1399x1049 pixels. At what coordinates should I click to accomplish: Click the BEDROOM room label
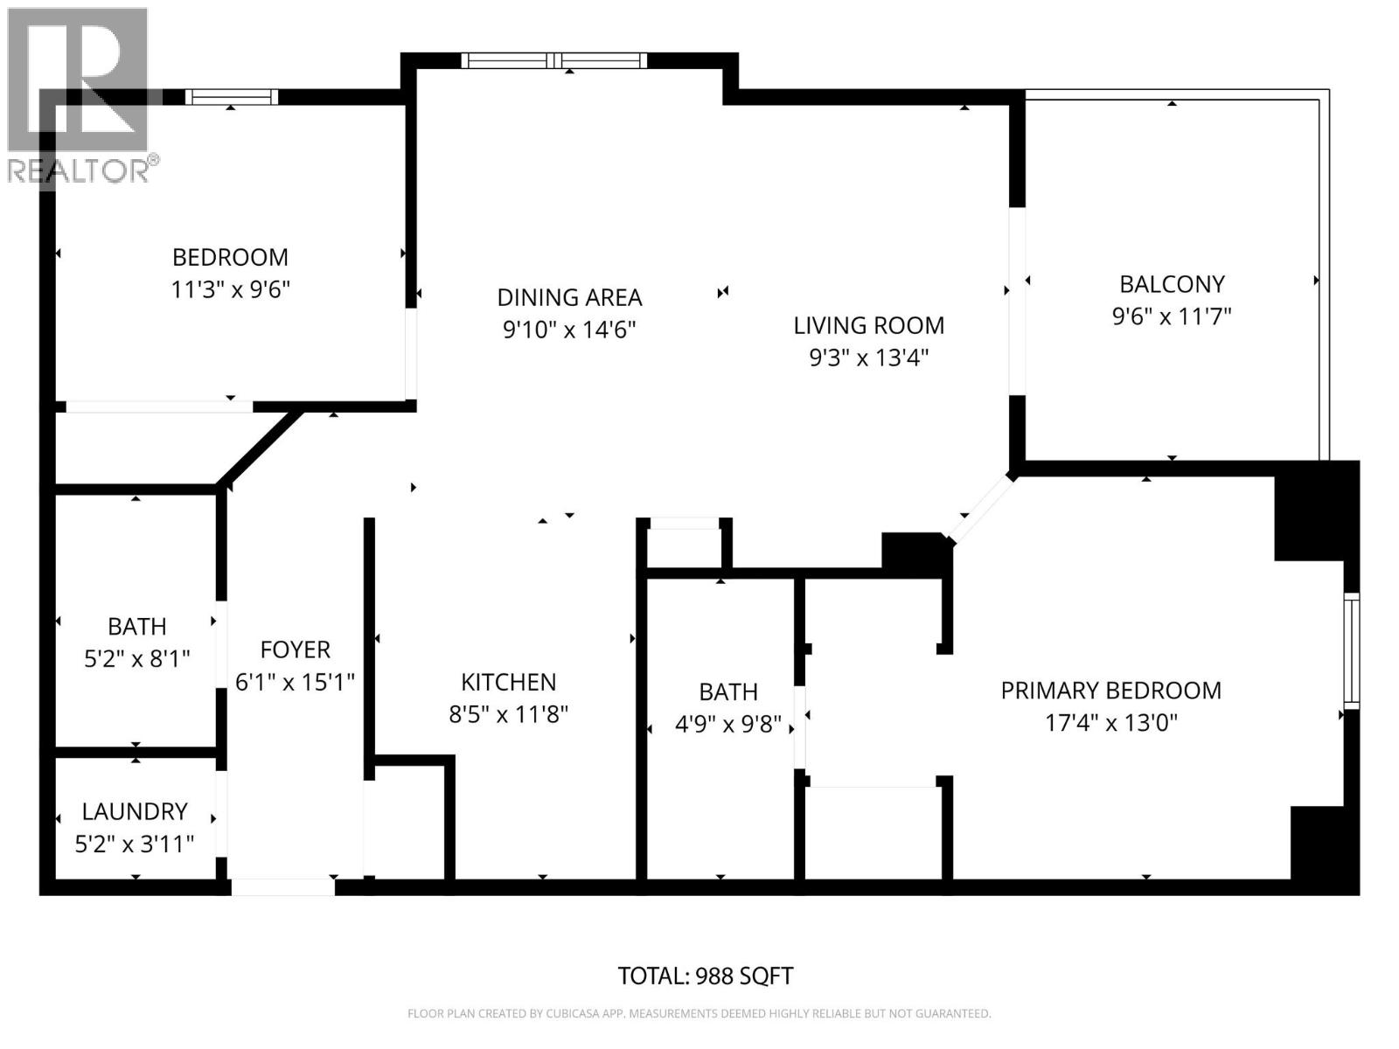click(x=230, y=257)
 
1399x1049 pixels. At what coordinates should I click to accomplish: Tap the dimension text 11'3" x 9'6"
click(x=230, y=289)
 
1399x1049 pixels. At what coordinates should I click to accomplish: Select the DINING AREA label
click(x=569, y=297)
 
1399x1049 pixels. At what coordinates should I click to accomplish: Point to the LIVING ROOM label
click(x=868, y=325)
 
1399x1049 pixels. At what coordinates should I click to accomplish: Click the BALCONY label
click(x=1172, y=284)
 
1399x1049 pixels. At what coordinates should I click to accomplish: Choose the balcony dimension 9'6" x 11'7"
click(x=1172, y=316)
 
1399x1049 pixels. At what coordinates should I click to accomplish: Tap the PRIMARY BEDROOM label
click(x=1110, y=691)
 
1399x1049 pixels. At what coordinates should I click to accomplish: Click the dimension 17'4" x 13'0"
click(x=1110, y=723)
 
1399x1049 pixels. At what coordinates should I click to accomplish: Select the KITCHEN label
click(x=508, y=682)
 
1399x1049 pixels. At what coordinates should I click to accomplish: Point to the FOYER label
click(x=295, y=650)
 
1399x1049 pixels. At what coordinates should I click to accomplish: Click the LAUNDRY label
click(x=135, y=811)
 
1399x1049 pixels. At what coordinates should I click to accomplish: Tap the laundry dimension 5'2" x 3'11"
click(x=135, y=844)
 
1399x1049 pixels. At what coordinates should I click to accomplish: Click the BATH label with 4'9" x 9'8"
click(x=727, y=692)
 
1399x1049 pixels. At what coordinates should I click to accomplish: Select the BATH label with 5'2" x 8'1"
click(x=136, y=627)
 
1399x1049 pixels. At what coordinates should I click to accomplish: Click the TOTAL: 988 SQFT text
click(x=705, y=976)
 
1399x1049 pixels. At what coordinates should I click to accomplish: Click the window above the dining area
click(x=554, y=60)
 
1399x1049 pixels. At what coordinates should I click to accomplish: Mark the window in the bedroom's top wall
click(x=232, y=97)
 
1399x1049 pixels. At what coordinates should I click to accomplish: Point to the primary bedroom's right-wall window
click(x=1351, y=650)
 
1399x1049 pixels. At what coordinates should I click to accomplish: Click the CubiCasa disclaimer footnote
click(x=699, y=1014)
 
